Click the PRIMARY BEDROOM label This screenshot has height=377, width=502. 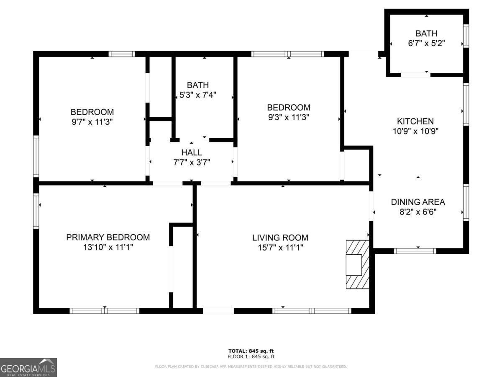108,238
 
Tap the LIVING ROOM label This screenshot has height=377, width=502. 280,238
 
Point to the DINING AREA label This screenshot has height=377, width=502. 417,202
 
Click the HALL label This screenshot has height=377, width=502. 192,152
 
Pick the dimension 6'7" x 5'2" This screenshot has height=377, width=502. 426,43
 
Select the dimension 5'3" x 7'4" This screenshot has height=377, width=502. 197,95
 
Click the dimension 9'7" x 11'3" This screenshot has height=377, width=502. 92,122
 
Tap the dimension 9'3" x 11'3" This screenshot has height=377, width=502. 289,117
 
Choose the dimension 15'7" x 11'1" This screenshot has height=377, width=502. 280,248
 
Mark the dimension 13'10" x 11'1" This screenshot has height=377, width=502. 108,248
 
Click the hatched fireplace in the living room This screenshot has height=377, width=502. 357,264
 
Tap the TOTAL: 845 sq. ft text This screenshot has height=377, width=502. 251,351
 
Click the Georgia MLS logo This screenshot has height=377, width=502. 28,367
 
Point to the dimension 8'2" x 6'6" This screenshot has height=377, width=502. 417,212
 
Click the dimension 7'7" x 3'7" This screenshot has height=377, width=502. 192,162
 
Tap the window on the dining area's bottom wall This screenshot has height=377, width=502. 415,251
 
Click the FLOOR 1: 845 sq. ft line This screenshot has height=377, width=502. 251,357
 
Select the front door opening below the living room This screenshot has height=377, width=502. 218,311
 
